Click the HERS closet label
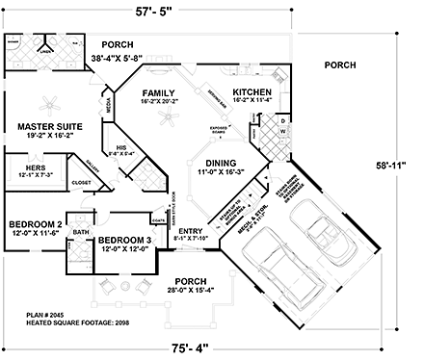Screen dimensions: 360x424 click(x=23, y=167)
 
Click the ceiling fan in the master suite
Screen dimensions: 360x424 click(x=52, y=100)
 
